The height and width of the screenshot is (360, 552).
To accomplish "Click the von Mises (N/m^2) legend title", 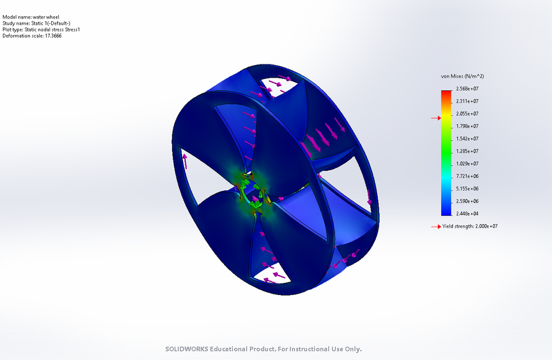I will [462, 76].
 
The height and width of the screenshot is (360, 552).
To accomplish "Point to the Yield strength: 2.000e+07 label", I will [470, 227].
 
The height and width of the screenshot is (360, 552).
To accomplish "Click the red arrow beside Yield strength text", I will [435, 227].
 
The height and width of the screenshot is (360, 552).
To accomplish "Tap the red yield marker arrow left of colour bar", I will [435, 118].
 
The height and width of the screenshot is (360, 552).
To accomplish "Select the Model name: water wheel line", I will [30, 17].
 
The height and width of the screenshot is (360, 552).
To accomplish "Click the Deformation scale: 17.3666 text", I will [32, 36].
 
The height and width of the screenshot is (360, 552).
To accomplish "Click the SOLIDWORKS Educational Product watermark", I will [264, 349].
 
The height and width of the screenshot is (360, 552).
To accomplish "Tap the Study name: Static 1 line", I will [36, 24].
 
